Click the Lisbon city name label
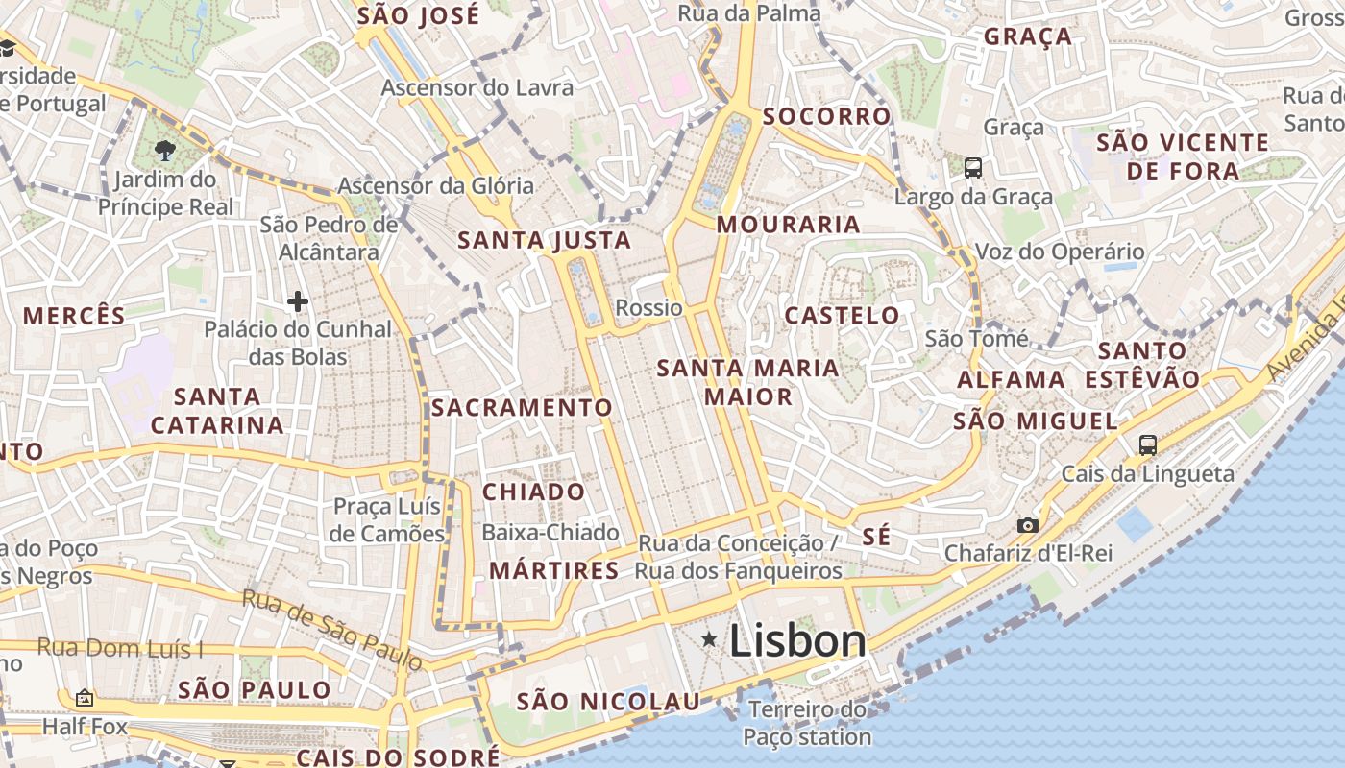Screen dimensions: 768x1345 [797, 641]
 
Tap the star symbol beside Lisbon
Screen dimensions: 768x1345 [709, 639]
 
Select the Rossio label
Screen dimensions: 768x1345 [648, 308]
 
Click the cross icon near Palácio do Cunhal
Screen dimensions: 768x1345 [298, 302]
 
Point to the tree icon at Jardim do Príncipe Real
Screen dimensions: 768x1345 [165, 150]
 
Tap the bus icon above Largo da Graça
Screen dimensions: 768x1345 [973, 168]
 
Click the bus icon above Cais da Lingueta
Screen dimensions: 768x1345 [1147, 444]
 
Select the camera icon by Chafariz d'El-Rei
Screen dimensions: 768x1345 [1028, 525]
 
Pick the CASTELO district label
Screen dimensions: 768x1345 [842, 316]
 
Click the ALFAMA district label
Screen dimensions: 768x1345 [1011, 380]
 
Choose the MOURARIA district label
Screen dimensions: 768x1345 [788, 225]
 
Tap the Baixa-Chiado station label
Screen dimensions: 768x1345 [550, 532]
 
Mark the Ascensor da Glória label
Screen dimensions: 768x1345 [435, 185]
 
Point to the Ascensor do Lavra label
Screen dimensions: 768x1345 [477, 87]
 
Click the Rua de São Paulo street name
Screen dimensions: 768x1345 [331, 629]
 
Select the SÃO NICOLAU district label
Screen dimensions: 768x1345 [608, 702]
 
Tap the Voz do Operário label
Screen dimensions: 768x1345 [1060, 252]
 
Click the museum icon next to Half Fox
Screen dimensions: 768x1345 [85, 698]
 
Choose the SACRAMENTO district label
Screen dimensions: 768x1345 [521, 408]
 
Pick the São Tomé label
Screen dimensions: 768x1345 [976, 338]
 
